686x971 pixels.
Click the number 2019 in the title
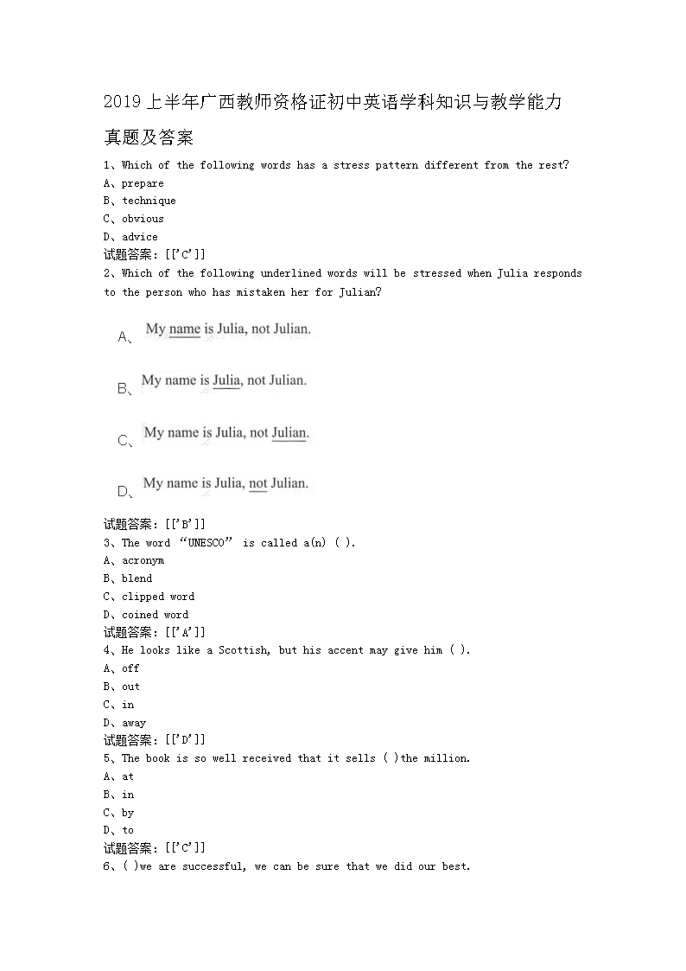tap(123, 103)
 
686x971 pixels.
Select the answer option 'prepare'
tap(143, 183)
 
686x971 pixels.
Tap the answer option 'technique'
tap(149, 201)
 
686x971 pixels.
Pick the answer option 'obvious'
tap(143, 219)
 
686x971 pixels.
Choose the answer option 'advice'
tap(140, 237)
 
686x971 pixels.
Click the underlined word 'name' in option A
tap(184, 329)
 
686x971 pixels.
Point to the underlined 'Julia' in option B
tap(226, 380)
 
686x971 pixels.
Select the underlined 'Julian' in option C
tap(289, 432)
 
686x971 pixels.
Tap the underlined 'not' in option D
tap(257, 483)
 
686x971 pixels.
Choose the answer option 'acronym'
tap(143, 560)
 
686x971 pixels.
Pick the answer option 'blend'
tap(137, 578)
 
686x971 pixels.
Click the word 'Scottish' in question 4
tap(244, 650)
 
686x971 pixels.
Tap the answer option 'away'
tap(134, 723)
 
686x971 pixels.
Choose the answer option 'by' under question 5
tap(128, 813)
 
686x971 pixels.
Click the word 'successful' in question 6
tap(213, 866)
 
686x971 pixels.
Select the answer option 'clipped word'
tap(158, 597)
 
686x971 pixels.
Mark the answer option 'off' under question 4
tap(130, 668)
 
